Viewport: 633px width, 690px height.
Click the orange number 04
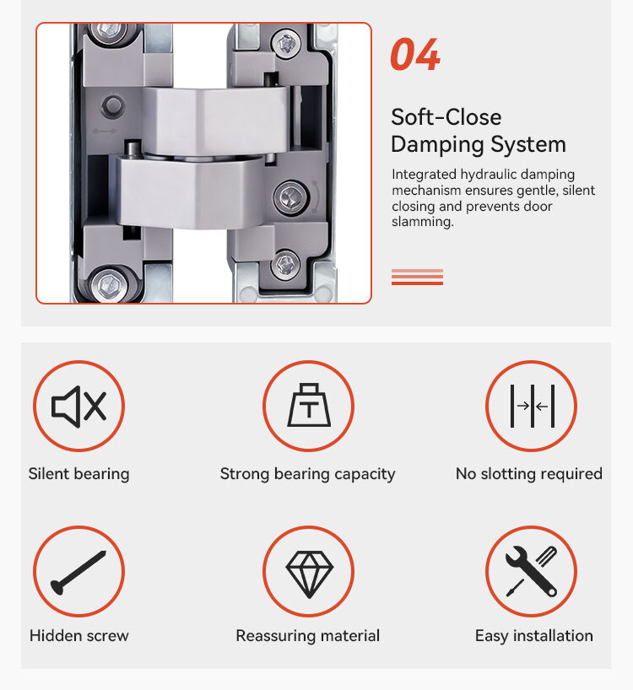(x=415, y=54)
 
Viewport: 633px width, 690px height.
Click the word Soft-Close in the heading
(x=446, y=117)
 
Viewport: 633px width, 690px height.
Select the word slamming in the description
(x=421, y=222)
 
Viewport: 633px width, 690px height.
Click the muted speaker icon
(x=78, y=407)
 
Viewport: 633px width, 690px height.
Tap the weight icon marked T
(x=309, y=405)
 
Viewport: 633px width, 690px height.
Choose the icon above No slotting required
(x=532, y=406)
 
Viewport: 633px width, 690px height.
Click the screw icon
(x=78, y=572)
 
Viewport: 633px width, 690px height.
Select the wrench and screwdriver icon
(x=532, y=571)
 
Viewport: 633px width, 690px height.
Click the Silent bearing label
(x=78, y=474)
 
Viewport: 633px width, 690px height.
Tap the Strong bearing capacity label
(x=308, y=474)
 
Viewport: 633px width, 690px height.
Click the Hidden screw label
(x=79, y=635)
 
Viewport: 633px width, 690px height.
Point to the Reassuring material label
(x=308, y=636)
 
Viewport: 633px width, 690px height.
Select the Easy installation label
(x=534, y=636)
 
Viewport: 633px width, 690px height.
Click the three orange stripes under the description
(x=417, y=277)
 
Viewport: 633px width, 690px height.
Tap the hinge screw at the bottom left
(x=109, y=283)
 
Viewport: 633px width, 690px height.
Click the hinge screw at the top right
(x=287, y=44)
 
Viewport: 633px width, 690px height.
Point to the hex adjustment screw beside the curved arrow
(x=290, y=197)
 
